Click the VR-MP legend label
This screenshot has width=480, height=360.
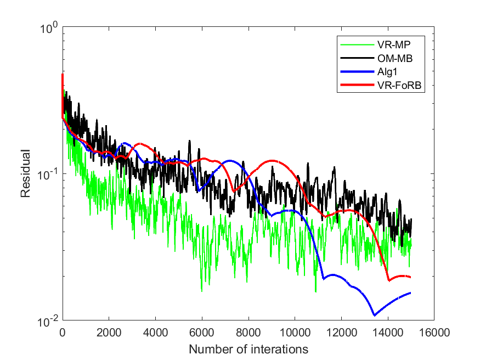coord(394,44)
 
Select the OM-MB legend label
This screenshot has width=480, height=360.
coord(395,58)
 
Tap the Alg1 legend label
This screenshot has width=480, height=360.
coord(387,72)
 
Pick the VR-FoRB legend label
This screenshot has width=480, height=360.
coord(399,85)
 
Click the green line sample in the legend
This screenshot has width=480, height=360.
coord(357,44)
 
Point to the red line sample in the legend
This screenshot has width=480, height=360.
coord(357,85)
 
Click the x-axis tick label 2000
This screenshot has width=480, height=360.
coord(109,333)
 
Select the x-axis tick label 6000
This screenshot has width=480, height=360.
coord(202,333)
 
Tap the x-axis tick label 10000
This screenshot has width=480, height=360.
coord(295,333)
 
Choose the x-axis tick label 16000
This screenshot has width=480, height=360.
coord(434,333)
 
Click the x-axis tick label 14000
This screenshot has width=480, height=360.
coord(387,333)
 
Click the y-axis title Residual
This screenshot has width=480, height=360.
coord(26,173)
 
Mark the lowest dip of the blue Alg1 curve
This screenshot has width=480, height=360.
coord(374,315)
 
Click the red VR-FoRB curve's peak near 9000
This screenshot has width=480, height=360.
coord(273,160)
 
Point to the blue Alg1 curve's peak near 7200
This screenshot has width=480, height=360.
coord(230,160)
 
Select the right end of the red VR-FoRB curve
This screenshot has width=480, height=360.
coord(410,277)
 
